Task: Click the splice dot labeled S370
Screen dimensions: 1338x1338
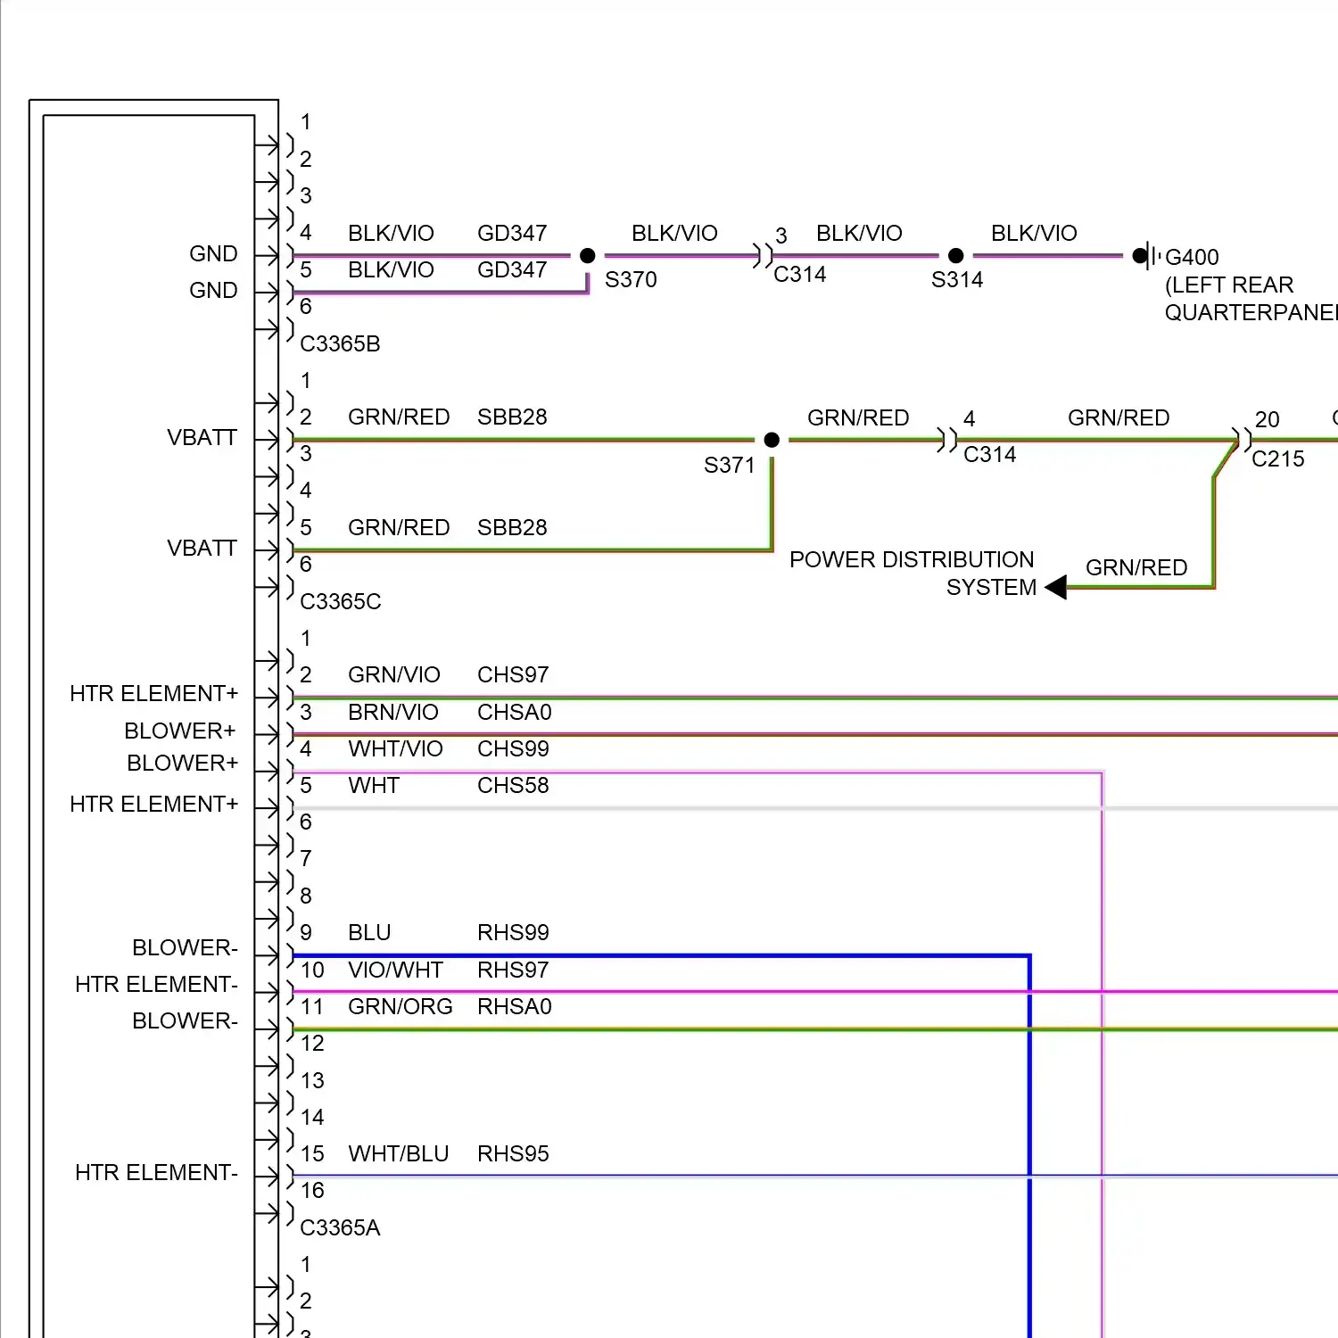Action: [x=587, y=256]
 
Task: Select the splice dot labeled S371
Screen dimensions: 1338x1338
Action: [x=772, y=440]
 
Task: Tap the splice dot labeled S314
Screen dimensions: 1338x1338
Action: [x=955, y=256]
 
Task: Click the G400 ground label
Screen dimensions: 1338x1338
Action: [x=1192, y=258]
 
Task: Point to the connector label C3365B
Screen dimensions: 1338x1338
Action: [x=340, y=343]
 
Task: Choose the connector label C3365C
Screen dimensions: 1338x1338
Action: [x=340, y=602]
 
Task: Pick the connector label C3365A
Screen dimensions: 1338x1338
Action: [x=340, y=1228]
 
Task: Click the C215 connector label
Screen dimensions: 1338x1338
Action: [x=1277, y=459]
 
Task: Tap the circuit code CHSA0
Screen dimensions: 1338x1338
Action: [x=514, y=713]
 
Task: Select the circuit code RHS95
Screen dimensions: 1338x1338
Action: [x=513, y=1154]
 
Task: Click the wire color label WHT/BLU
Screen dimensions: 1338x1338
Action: [x=398, y=1154]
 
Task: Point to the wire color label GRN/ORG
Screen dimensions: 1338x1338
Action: [x=400, y=1007]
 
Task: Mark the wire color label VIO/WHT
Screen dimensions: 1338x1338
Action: [x=395, y=970]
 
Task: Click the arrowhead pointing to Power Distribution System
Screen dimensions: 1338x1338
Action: [x=1056, y=588]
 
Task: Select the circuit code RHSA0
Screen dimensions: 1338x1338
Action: [x=514, y=1007]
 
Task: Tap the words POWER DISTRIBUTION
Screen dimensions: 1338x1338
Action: [x=912, y=560]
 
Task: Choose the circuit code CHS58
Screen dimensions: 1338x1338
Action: [x=513, y=786]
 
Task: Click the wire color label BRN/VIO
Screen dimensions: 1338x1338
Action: [x=392, y=713]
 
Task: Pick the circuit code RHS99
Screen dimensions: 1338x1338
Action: [x=513, y=933]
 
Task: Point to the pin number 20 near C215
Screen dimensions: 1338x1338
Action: [x=1267, y=420]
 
